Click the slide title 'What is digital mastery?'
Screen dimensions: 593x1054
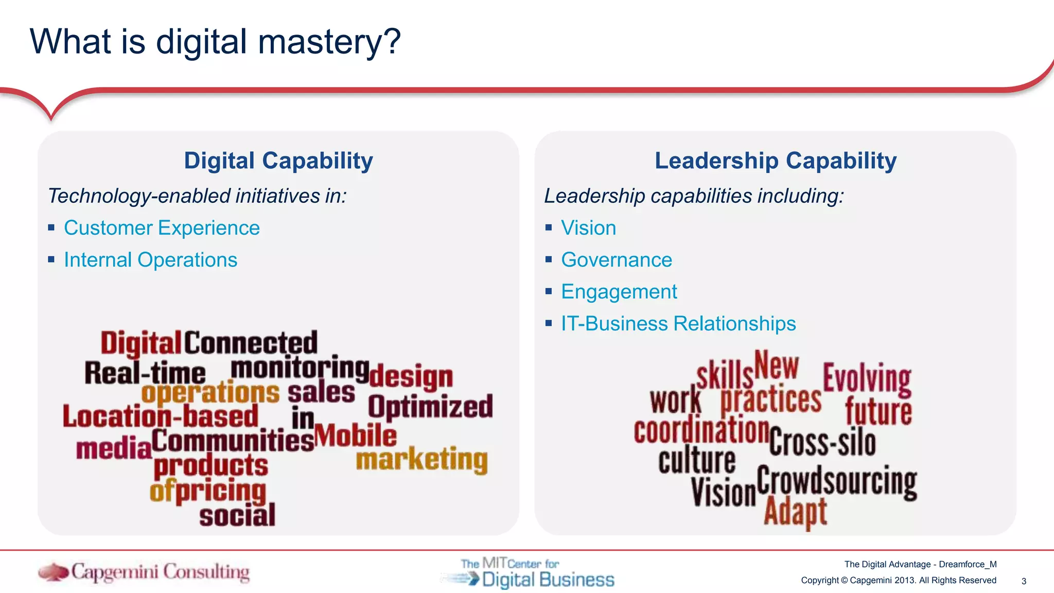coord(215,41)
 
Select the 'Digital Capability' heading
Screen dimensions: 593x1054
coord(278,161)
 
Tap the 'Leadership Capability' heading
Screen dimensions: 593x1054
coord(776,161)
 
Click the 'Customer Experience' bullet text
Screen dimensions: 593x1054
coord(162,228)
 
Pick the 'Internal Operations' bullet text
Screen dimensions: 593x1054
coord(150,260)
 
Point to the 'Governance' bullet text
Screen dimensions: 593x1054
coord(616,260)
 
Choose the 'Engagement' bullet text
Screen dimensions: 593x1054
coord(619,292)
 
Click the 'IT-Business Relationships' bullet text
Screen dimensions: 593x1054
coord(678,324)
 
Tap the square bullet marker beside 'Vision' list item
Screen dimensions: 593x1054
coord(549,228)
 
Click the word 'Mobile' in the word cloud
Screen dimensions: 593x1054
coord(356,435)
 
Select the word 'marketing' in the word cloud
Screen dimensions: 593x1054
coord(421,459)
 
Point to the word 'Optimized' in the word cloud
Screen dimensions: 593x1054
coord(430,407)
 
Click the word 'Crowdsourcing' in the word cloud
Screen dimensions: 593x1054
coord(836,481)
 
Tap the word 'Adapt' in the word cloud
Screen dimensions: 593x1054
coord(795,512)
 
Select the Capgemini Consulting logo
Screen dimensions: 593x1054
coord(144,572)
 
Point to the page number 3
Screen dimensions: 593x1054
coord(1024,581)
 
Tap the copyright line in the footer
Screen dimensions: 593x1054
coord(899,581)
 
